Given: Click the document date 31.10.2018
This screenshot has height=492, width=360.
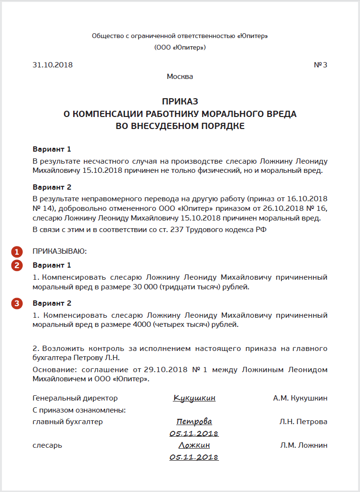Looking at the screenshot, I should [x=52, y=65].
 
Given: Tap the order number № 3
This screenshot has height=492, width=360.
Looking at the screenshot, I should [x=321, y=65].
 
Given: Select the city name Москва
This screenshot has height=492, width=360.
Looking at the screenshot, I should [x=180, y=77].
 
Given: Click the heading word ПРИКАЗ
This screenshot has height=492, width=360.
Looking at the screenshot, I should [x=180, y=102].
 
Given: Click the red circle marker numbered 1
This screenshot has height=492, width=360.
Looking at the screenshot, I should [x=17, y=251].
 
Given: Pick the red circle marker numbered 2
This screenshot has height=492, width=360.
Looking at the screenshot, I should [x=17, y=265].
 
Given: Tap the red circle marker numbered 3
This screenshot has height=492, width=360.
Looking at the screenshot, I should [x=17, y=303].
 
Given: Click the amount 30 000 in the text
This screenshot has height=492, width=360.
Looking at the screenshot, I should [x=142, y=287].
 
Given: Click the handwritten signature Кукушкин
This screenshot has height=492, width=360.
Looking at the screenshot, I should [x=194, y=398].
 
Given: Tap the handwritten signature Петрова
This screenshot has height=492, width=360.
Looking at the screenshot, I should [x=194, y=422].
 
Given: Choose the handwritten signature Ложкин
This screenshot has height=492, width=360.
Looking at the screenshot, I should [x=194, y=445].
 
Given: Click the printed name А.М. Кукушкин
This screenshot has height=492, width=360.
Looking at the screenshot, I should [x=300, y=398].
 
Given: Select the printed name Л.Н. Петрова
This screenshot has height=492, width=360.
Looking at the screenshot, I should [x=303, y=422].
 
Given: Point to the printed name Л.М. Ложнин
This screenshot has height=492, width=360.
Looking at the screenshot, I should [x=304, y=445].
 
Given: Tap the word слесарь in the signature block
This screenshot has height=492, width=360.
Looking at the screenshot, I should [x=47, y=445].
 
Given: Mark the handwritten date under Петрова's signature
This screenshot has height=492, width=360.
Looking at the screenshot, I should [x=194, y=434].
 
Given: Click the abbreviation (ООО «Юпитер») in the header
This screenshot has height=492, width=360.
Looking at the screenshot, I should [x=180, y=48].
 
